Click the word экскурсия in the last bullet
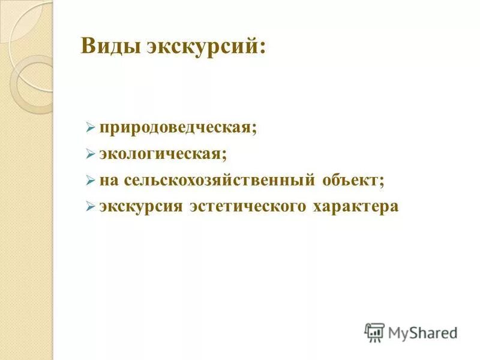click(x=140, y=206)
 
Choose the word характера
click(x=355, y=206)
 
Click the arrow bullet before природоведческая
click(x=90, y=128)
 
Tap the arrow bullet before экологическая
click(x=90, y=154)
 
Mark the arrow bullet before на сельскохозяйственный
click(x=90, y=180)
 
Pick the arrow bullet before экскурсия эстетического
click(x=90, y=206)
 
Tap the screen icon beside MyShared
click(x=374, y=332)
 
